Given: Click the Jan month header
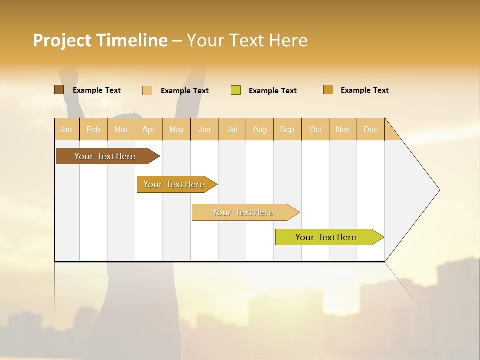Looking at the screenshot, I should [66, 129].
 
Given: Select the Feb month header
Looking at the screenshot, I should [93, 129].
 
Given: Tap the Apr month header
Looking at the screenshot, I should [148, 129].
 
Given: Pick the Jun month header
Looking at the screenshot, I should [204, 129].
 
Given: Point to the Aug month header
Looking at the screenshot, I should [259, 129].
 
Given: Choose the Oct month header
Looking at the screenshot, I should [315, 129].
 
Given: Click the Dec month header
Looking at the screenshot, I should [370, 129].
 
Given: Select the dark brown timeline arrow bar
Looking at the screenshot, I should [105, 156].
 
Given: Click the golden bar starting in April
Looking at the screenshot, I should [174, 184].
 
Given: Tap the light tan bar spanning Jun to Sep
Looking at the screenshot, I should [243, 212].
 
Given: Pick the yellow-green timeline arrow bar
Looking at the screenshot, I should [326, 237].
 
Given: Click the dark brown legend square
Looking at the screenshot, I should [59, 90].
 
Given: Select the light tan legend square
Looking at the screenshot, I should [147, 90].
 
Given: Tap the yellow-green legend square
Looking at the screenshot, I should [236, 90].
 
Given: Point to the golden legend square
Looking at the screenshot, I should [328, 90].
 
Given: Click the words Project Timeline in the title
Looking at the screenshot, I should [100, 40].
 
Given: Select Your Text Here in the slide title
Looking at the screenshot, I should [247, 40].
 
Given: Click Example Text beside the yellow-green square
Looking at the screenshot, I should [272, 91].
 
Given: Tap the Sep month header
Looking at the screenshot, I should [287, 129].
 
